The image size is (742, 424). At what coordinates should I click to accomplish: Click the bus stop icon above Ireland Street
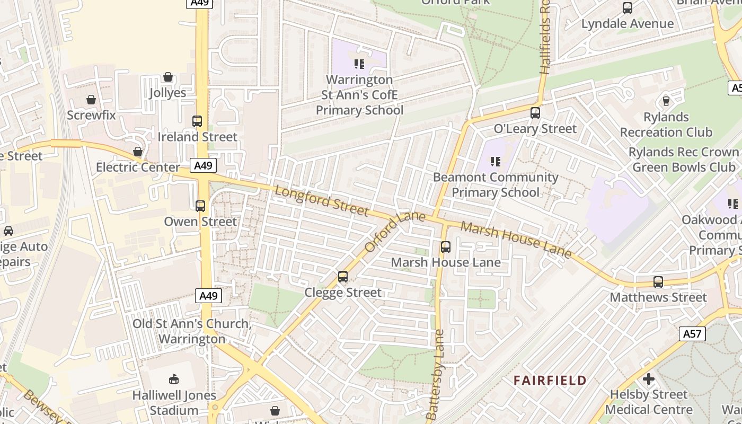[x=197, y=121]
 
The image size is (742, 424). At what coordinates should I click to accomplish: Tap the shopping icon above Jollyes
[x=168, y=77]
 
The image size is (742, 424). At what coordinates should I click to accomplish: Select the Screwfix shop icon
[x=91, y=100]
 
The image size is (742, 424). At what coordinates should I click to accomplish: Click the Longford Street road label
[x=321, y=201]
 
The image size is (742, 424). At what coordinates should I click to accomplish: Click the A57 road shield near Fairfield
[x=692, y=334]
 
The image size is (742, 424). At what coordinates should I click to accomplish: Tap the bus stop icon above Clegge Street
[x=343, y=277]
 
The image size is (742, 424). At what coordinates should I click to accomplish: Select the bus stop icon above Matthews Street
[x=658, y=282]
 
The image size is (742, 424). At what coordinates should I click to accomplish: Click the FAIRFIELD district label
[x=550, y=381]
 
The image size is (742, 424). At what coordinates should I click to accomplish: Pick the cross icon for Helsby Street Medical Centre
[x=648, y=379]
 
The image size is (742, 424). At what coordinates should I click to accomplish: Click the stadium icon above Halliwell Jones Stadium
[x=174, y=379]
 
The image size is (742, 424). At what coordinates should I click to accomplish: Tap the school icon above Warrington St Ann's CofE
[x=359, y=64]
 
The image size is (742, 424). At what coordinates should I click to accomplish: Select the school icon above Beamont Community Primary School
[x=496, y=161]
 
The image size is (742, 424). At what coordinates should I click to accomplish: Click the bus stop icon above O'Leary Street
[x=535, y=113]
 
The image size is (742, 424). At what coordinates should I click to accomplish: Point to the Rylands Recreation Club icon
[x=666, y=101]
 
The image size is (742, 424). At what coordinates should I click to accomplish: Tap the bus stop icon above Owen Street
[x=200, y=206]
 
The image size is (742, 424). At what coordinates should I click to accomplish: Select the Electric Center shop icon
[x=138, y=152]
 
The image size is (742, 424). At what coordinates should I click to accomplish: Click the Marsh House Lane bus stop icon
[x=446, y=247]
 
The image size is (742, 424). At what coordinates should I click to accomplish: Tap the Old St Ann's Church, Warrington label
[x=192, y=331]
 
